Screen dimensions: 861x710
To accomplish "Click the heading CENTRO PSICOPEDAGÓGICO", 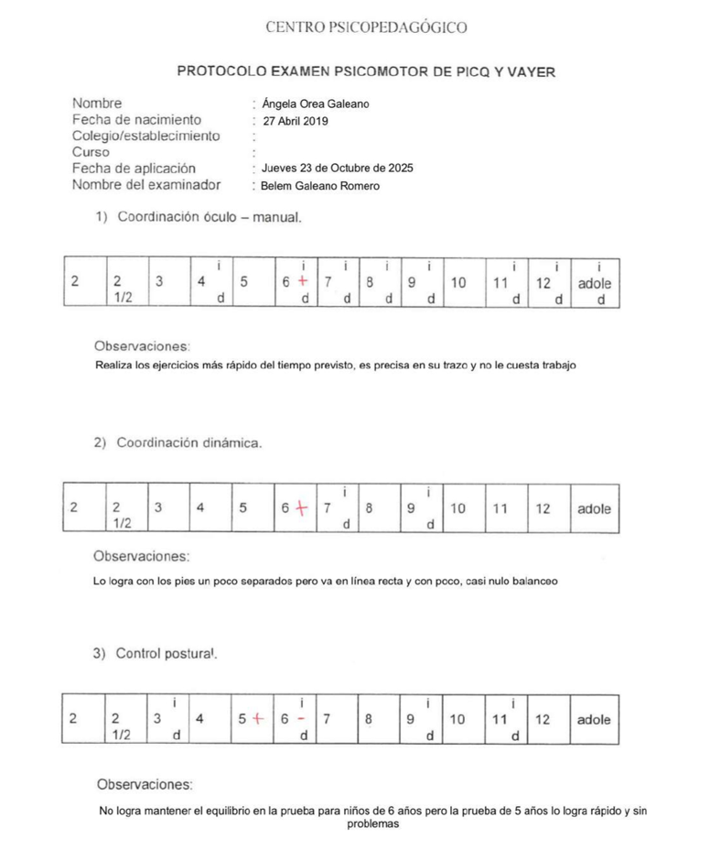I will [366, 27].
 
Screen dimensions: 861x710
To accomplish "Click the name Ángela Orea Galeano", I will [315, 104].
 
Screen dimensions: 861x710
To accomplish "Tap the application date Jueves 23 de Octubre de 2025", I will [337, 169].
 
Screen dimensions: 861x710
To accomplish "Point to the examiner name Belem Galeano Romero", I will [320, 186].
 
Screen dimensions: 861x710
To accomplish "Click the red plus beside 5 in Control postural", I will [257, 719].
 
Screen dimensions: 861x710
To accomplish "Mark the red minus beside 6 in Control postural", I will [302, 719].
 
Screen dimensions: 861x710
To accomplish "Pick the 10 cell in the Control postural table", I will [458, 720].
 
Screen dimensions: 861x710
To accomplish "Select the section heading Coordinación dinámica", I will [189, 443].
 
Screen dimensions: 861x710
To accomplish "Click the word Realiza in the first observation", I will [114, 365].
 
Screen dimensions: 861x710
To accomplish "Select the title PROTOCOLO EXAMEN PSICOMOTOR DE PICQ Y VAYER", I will [365, 71].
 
